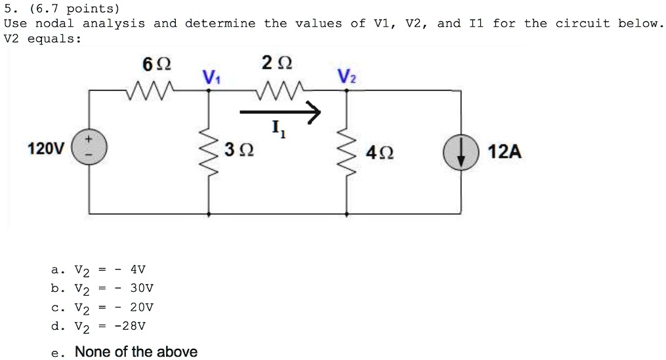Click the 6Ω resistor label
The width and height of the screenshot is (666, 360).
pos(156,65)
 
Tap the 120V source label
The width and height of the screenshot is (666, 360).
pos(46,150)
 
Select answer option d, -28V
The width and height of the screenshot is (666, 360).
pos(102,326)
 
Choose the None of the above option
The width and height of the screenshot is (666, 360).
pos(135,352)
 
